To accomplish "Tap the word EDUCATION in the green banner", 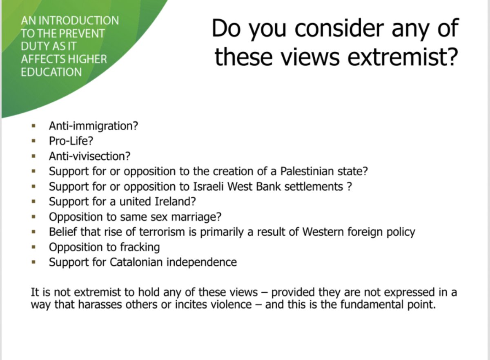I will [51, 72].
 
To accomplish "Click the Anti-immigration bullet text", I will [94, 126].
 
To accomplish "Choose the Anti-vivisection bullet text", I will [90, 156].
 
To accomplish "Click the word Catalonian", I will [134, 262].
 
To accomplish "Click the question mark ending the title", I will [448, 56].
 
